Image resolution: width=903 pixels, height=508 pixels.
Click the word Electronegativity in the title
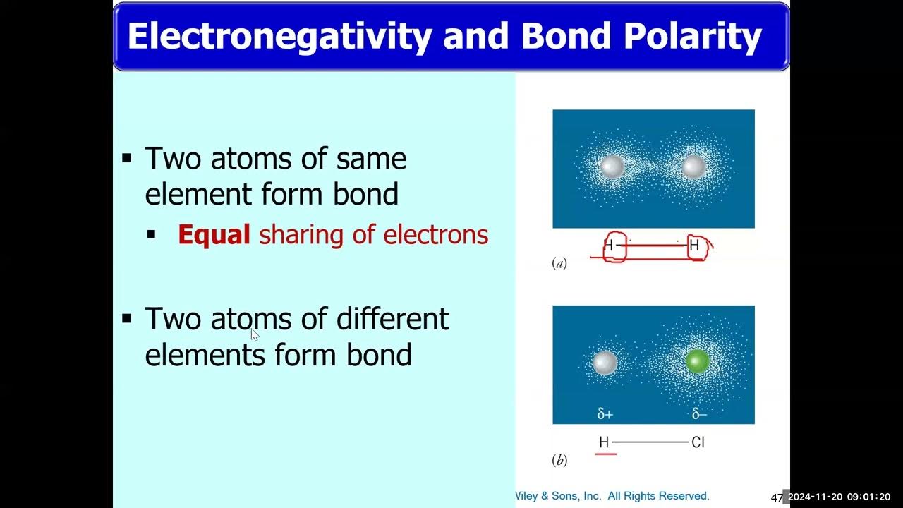[x=279, y=36]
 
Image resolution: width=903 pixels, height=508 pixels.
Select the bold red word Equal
[x=214, y=234]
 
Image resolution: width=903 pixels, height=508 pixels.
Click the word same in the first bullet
[x=371, y=159]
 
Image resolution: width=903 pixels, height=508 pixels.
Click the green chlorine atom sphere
[x=698, y=361]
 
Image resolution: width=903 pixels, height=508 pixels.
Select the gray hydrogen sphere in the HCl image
[x=604, y=363]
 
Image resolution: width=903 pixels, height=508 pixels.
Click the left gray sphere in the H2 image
[x=611, y=167]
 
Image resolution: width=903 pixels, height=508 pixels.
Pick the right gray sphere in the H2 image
[x=694, y=167]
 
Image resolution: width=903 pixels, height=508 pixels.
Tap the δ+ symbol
[x=605, y=414]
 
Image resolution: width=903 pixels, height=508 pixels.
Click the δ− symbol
[x=698, y=414]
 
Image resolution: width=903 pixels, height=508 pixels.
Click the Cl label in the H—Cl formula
[x=698, y=442]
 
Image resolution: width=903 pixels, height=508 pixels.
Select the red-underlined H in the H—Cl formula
[x=604, y=442]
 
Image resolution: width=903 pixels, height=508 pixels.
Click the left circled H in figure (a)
[x=609, y=246]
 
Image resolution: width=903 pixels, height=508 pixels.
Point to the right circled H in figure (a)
[x=694, y=246]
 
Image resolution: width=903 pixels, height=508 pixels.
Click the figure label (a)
[x=559, y=263]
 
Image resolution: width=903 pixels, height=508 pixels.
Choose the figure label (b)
[x=559, y=461]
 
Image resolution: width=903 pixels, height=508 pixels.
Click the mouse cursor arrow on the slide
[x=255, y=334]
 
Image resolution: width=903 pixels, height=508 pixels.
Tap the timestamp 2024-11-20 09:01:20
[x=839, y=497]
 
